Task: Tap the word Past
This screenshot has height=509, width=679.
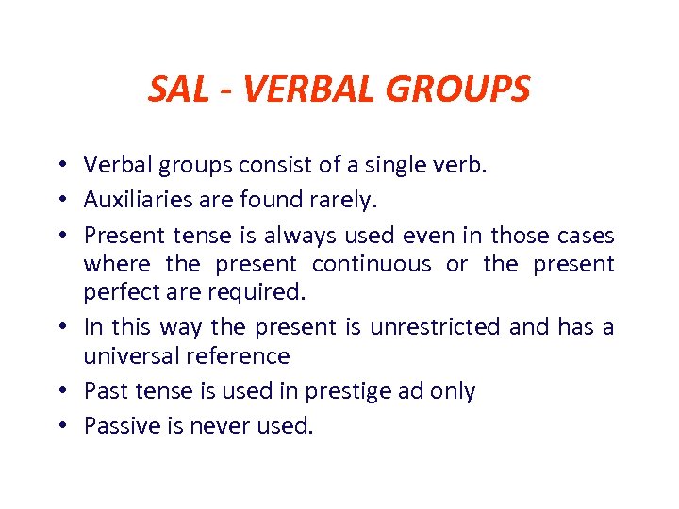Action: click(x=103, y=391)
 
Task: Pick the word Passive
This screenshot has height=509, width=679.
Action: click(x=118, y=426)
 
